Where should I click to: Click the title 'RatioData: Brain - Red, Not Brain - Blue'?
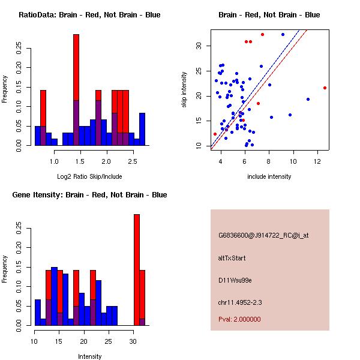click(x=89, y=15)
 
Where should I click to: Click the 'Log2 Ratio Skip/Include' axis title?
click(x=89, y=176)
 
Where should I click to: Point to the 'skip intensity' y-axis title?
click(x=185, y=90)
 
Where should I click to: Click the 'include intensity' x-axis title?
click(x=269, y=176)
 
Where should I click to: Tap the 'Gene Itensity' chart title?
click(x=89, y=195)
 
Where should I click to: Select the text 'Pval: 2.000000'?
click(x=239, y=319)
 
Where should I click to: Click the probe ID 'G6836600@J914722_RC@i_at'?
click(x=263, y=236)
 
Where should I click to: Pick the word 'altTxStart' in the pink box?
click(x=232, y=258)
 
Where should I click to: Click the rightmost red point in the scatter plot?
click(x=325, y=88)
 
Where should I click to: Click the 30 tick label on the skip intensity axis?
click(x=198, y=46)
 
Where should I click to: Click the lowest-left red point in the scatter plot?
click(x=215, y=134)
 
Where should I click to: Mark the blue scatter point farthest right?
click(x=308, y=99)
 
